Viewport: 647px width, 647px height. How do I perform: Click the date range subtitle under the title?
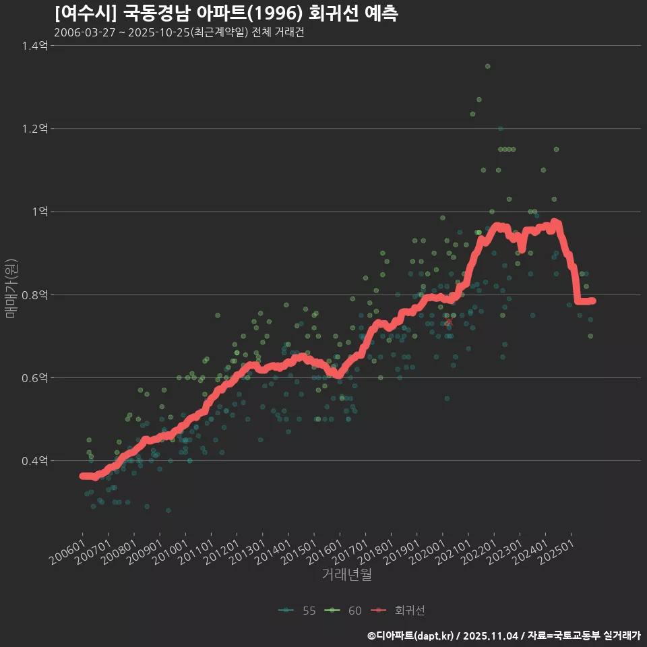pos(179,33)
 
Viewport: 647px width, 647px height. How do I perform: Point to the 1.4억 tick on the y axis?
pos(35,46)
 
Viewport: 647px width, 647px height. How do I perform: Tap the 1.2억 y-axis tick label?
pos(35,129)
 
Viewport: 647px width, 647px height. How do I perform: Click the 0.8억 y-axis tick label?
pos(35,295)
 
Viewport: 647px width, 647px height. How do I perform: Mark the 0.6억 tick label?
pos(35,378)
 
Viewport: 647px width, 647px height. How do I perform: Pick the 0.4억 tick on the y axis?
pos(35,461)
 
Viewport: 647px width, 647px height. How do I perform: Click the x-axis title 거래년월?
pos(346,575)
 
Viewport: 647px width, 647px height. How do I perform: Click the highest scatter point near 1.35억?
pos(487,66)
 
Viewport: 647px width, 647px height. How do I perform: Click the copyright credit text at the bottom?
pos(503,635)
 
